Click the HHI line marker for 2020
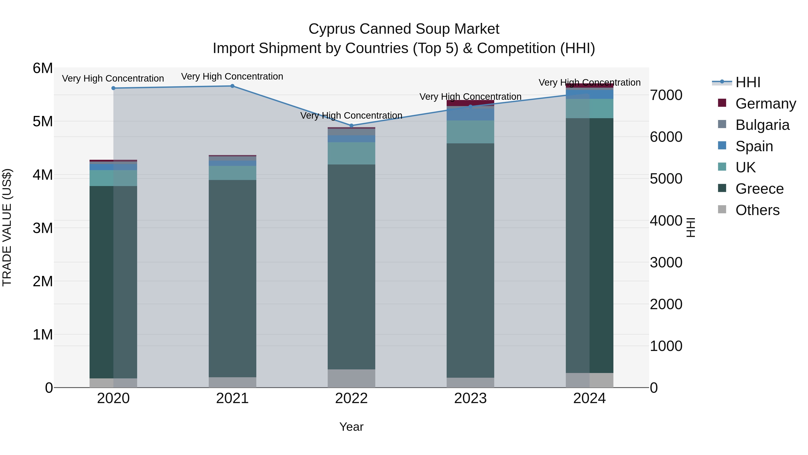(x=114, y=88)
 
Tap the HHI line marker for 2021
(x=233, y=86)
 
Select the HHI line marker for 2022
(x=351, y=126)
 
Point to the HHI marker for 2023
(x=470, y=107)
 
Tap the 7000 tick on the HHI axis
(x=666, y=95)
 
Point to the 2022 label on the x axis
(x=351, y=398)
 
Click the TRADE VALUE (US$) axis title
(x=7, y=227)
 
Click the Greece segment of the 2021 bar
(x=233, y=278)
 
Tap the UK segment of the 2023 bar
(x=470, y=132)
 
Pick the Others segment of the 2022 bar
(x=351, y=378)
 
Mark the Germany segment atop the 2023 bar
(x=470, y=103)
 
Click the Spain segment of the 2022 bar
(x=351, y=139)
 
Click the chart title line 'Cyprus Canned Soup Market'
(x=404, y=29)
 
